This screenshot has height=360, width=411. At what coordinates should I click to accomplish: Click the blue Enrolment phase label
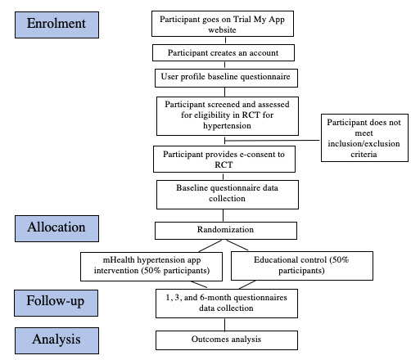tap(56, 24)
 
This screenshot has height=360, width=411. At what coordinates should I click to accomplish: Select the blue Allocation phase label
tap(56, 226)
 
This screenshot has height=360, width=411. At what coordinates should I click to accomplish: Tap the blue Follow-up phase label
tap(56, 302)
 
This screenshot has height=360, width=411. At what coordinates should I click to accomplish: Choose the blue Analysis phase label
tap(56, 338)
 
